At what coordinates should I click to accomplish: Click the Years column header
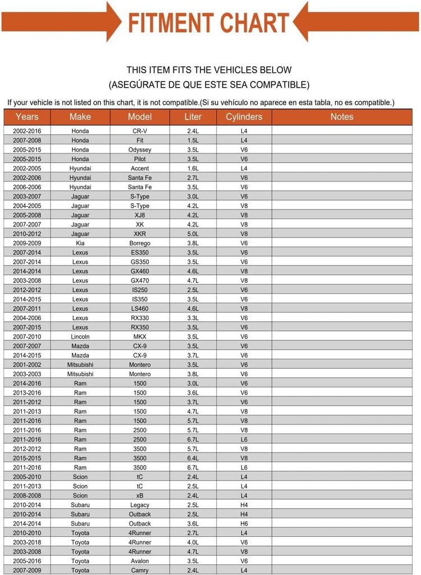pyautogui.click(x=27, y=117)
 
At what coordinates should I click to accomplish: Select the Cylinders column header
pyautogui.click(x=244, y=117)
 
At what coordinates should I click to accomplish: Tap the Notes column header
pyautogui.click(x=341, y=117)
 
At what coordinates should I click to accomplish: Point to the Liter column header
pyautogui.click(x=193, y=117)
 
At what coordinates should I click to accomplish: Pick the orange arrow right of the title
pyautogui.click(x=359, y=21)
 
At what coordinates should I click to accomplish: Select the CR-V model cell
pyautogui.click(x=140, y=131)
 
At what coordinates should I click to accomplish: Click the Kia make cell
pyautogui.click(x=80, y=243)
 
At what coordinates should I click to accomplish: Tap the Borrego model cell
pyautogui.click(x=140, y=243)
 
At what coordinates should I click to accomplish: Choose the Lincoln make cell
pyautogui.click(x=80, y=336)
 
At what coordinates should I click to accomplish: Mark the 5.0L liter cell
pyautogui.click(x=193, y=234)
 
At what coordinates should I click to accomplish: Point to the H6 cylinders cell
pyautogui.click(x=244, y=523)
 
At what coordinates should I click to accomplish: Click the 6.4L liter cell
pyautogui.click(x=193, y=458)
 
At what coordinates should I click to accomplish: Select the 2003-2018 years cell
pyautogui.click(x=27, y=542)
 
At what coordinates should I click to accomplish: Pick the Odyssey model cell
pyautogui.click(x=140, y=150)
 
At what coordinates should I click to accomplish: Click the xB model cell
pyautogui.click(x=140, y=495)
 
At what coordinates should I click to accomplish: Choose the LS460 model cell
pyautogui.click(x=140, y=308)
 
